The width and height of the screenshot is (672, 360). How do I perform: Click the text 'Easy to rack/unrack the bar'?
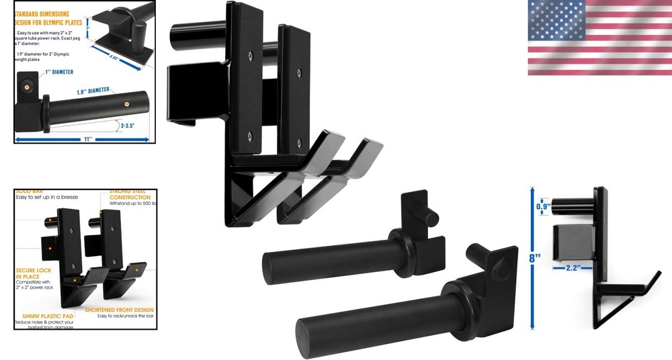coord(124,316)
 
